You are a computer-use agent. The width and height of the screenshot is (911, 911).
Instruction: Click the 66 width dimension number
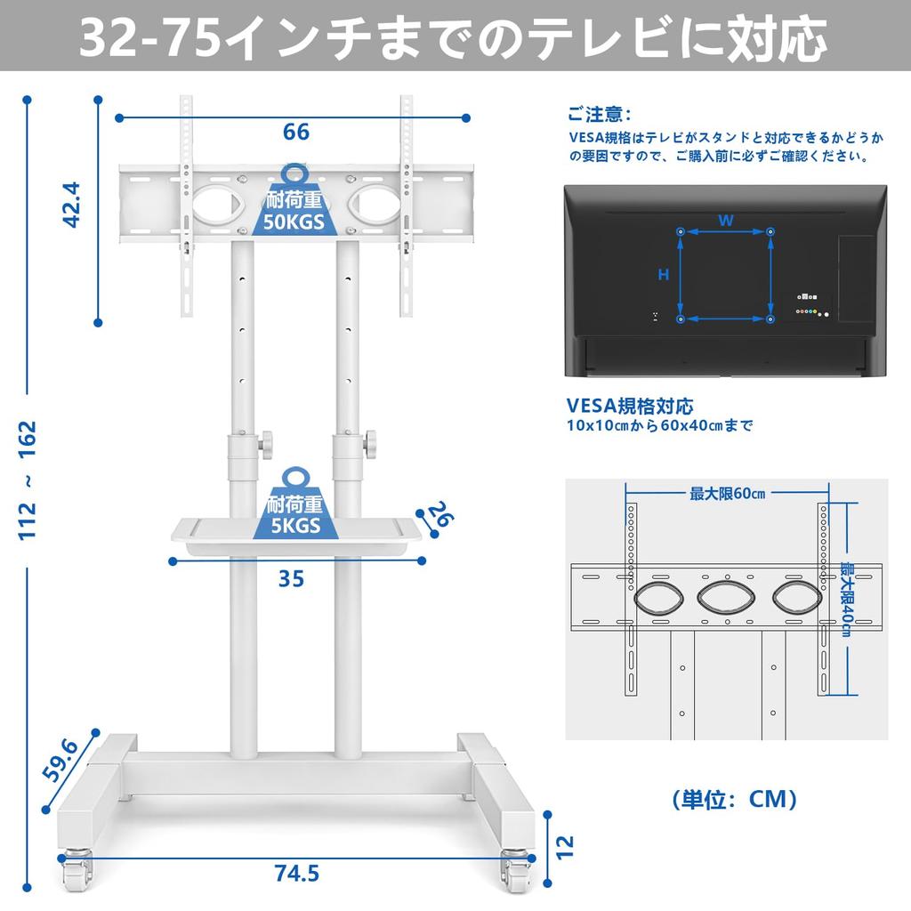point(296,132)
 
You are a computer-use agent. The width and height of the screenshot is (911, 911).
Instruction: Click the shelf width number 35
point(291,579)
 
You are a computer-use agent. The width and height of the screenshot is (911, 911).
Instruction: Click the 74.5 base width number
point(295,874)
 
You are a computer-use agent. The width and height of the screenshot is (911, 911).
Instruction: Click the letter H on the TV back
point(663,275)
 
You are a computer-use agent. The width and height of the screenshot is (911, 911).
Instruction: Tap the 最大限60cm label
point(727,493)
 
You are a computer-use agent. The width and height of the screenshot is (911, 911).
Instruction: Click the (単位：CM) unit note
point(734,798)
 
